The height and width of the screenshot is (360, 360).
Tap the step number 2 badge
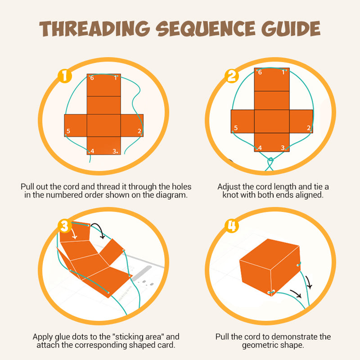[x=232, y=76]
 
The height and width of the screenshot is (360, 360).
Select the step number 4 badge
[x=232, y=226]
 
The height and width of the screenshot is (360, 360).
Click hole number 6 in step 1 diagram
[x=89, y=76]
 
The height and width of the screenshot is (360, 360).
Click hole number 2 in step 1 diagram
[x=142, y=134]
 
